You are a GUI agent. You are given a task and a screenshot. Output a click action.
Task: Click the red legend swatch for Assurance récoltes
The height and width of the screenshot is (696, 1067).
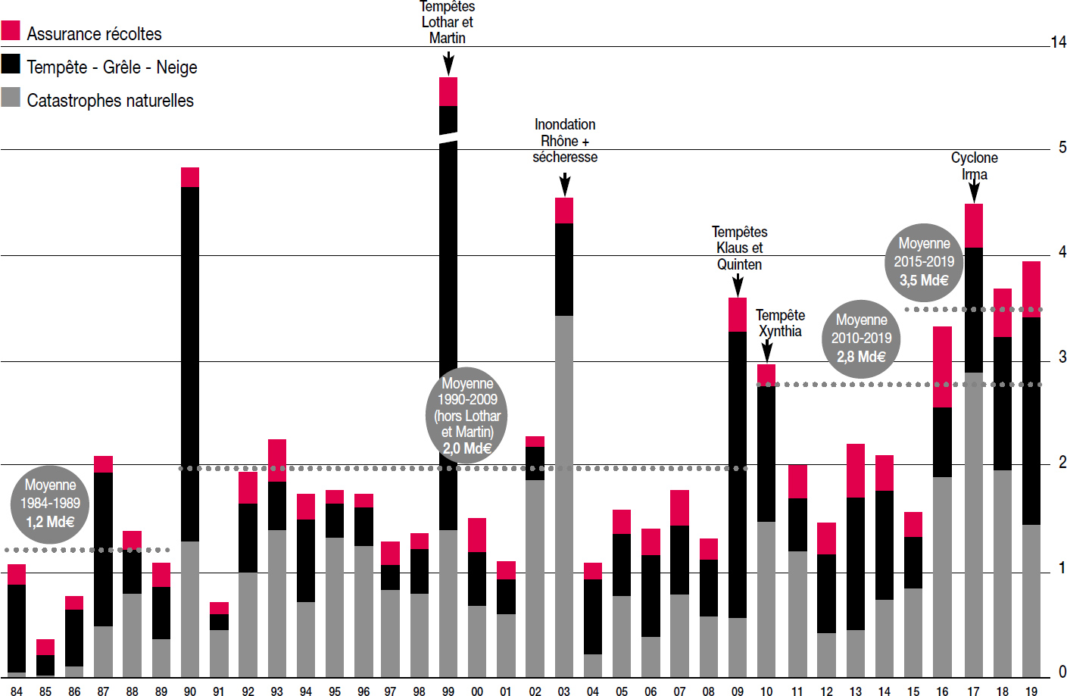point(11,30)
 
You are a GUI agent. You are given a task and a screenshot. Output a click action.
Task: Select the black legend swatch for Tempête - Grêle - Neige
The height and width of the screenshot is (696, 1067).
point(11,64)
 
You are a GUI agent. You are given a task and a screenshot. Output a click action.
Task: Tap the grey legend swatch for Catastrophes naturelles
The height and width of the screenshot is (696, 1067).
point(11,97)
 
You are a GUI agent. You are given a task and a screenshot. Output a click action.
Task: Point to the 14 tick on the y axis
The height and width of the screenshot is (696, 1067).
point(1059,42)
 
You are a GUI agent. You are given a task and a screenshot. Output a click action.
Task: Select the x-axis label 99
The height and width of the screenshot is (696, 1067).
point(448,691)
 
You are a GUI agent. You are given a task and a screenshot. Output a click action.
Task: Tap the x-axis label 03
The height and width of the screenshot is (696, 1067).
point(563,691)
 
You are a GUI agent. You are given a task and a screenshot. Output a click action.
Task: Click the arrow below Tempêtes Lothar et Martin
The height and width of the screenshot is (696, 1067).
point(448,64)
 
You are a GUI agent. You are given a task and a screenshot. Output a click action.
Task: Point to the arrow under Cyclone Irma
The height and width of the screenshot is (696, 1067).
point(974,189)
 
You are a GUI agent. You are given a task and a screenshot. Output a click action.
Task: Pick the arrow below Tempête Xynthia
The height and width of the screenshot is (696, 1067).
point(767,351)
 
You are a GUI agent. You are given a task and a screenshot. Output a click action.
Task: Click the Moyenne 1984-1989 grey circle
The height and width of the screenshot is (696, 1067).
point(50,504)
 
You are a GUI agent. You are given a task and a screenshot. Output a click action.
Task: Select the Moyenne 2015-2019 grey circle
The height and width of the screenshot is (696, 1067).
point(924,263)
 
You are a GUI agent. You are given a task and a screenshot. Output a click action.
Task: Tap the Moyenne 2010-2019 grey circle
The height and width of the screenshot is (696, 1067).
point(861,339)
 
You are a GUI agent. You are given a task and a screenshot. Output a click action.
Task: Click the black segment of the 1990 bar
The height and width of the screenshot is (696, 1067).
point(190,364)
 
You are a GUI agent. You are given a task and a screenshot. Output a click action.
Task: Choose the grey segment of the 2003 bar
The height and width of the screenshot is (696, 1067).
point(564,496)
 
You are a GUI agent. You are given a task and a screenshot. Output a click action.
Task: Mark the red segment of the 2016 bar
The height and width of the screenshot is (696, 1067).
point(942,367)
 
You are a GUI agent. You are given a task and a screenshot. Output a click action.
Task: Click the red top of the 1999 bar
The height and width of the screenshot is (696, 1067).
point(448,92)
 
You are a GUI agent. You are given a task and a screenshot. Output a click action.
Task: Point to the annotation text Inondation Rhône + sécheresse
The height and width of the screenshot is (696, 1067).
point(565,141)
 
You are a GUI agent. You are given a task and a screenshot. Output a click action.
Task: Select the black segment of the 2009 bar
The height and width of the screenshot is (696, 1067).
point(738,475)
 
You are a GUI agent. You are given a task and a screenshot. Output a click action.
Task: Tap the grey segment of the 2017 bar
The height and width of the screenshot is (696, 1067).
point(974,525)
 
